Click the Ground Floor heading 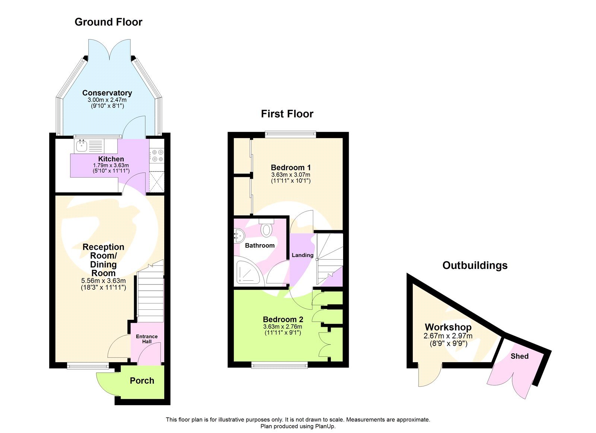108,22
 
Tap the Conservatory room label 107,93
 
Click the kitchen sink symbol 82,146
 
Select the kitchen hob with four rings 157,156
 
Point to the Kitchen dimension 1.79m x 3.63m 111,165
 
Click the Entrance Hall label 147,339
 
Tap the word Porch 142,381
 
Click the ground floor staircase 150,294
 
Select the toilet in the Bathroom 266,228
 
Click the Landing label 302,255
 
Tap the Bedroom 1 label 291,168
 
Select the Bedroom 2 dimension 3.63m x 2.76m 283,327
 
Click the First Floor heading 287,114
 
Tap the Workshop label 448,327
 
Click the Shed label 519,356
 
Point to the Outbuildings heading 475,265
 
